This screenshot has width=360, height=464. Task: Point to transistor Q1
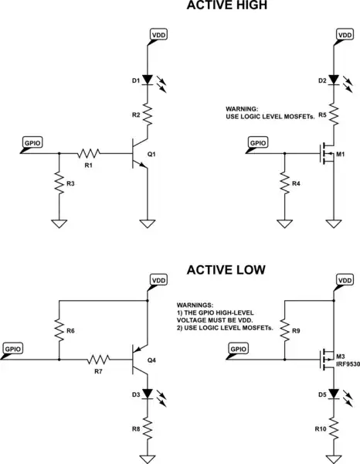pos(141,154)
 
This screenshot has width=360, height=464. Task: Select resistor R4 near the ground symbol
pos(284,186)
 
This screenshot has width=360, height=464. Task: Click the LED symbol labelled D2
pos(334,80)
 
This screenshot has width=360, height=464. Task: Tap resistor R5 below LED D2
pos(334,116)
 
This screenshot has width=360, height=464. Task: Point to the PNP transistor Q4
pos(141,360)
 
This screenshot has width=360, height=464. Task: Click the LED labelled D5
pos(334,394)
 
